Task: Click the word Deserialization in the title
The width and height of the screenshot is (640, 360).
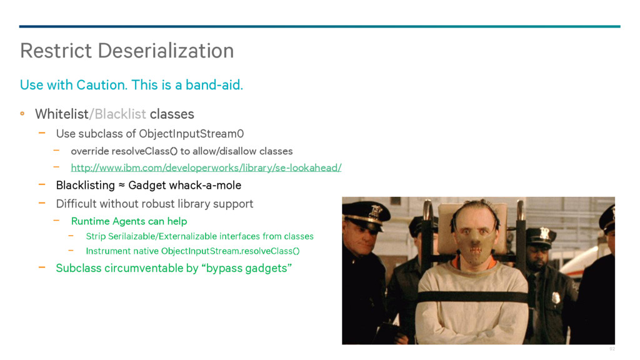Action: click(x=166, y=51)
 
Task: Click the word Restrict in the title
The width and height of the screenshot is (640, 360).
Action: click(x=56, y=51)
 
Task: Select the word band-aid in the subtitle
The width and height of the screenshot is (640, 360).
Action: click(x=214, y=85)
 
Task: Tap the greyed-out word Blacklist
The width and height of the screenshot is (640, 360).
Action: click(x=121, y=114)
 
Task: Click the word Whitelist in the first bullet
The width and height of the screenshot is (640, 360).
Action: click(x=62, y=114)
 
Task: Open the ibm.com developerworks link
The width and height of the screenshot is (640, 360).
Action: click(x=206, y=167)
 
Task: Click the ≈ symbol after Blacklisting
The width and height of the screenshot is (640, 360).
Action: click(x=122, y=185)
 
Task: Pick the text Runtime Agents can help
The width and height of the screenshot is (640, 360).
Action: click(x=129, y=221)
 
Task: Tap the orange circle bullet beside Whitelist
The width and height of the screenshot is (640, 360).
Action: click(x=22, y=114)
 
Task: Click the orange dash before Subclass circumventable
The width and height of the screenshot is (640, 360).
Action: click(x=42, y=267)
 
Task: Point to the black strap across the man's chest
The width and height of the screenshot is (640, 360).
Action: click(x=472, y=297)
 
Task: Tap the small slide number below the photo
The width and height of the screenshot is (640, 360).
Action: click(x=612, y=349)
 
